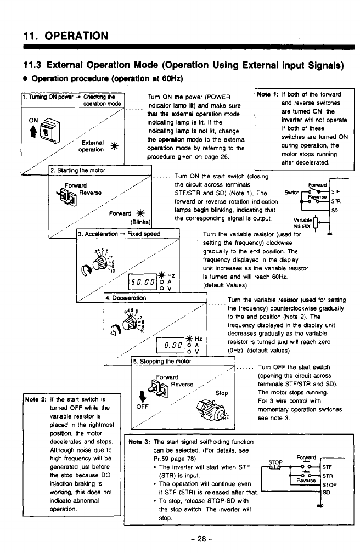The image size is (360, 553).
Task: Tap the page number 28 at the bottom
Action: click(x=180, y=539)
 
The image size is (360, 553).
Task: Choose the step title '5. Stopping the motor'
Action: click(x=162, y=361)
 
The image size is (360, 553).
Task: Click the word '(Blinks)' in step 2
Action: click(x=139, y=222)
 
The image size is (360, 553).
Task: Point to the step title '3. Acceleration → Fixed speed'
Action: click(x=119, y=233)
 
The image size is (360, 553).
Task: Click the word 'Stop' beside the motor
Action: click(x=221, y=393)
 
